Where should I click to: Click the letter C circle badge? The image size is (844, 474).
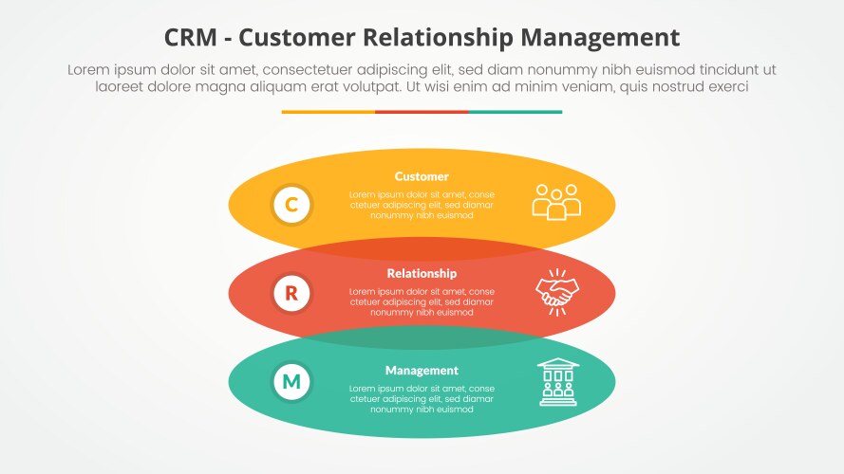click(291, 205)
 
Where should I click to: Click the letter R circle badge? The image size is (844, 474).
click(291, 293)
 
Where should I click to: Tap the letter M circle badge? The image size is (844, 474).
click(291, 382)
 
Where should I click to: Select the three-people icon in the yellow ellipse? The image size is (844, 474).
click(556, 202)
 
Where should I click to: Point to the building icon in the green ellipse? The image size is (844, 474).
click(557, 382)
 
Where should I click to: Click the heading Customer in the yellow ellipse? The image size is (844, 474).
click(422, 176)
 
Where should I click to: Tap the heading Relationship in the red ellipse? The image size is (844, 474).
click(422, 273)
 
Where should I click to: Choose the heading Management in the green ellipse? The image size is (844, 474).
click(422, 370)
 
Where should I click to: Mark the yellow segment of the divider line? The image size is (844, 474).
click(328, 112)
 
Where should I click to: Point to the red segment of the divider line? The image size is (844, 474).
click(422, 112)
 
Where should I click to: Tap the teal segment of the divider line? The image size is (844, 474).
click(515, 112)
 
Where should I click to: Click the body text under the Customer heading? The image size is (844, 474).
click(422, 205)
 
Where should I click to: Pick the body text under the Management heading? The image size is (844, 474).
click(422, 398)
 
